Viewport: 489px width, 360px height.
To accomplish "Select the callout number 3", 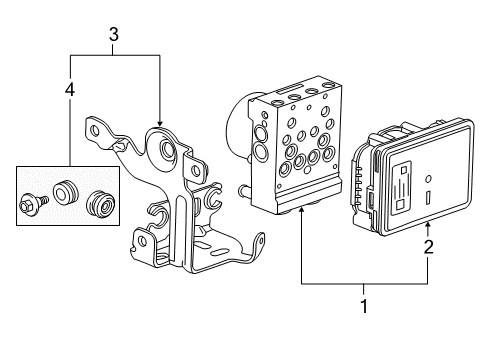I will click(x=113, y=36).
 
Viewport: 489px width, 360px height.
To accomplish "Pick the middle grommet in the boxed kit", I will click(x=67, y=192).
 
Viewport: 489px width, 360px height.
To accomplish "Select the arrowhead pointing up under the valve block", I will click(x=300, y=212).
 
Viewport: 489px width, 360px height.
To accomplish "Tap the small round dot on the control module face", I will click(x=428, y=180).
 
